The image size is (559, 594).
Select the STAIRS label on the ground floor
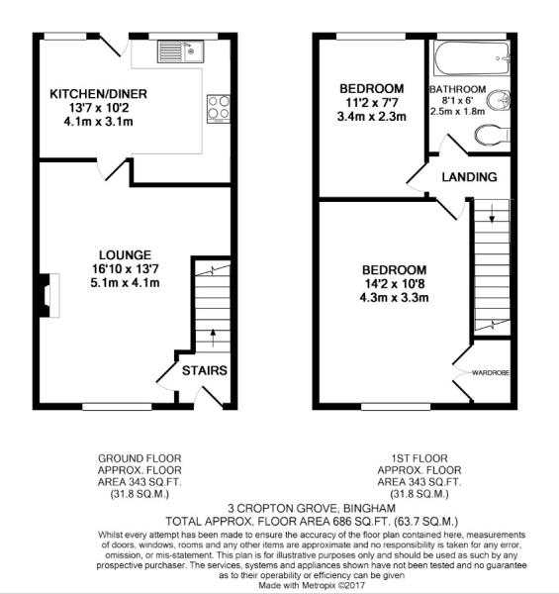pos(205,371)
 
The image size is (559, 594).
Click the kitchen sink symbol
pos(183,49)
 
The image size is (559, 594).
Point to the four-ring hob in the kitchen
pos(218,108)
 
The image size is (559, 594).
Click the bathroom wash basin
pos(502,99)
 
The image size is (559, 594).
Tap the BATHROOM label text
pos(457,89)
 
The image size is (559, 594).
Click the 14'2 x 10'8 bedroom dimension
pos(393,283)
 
